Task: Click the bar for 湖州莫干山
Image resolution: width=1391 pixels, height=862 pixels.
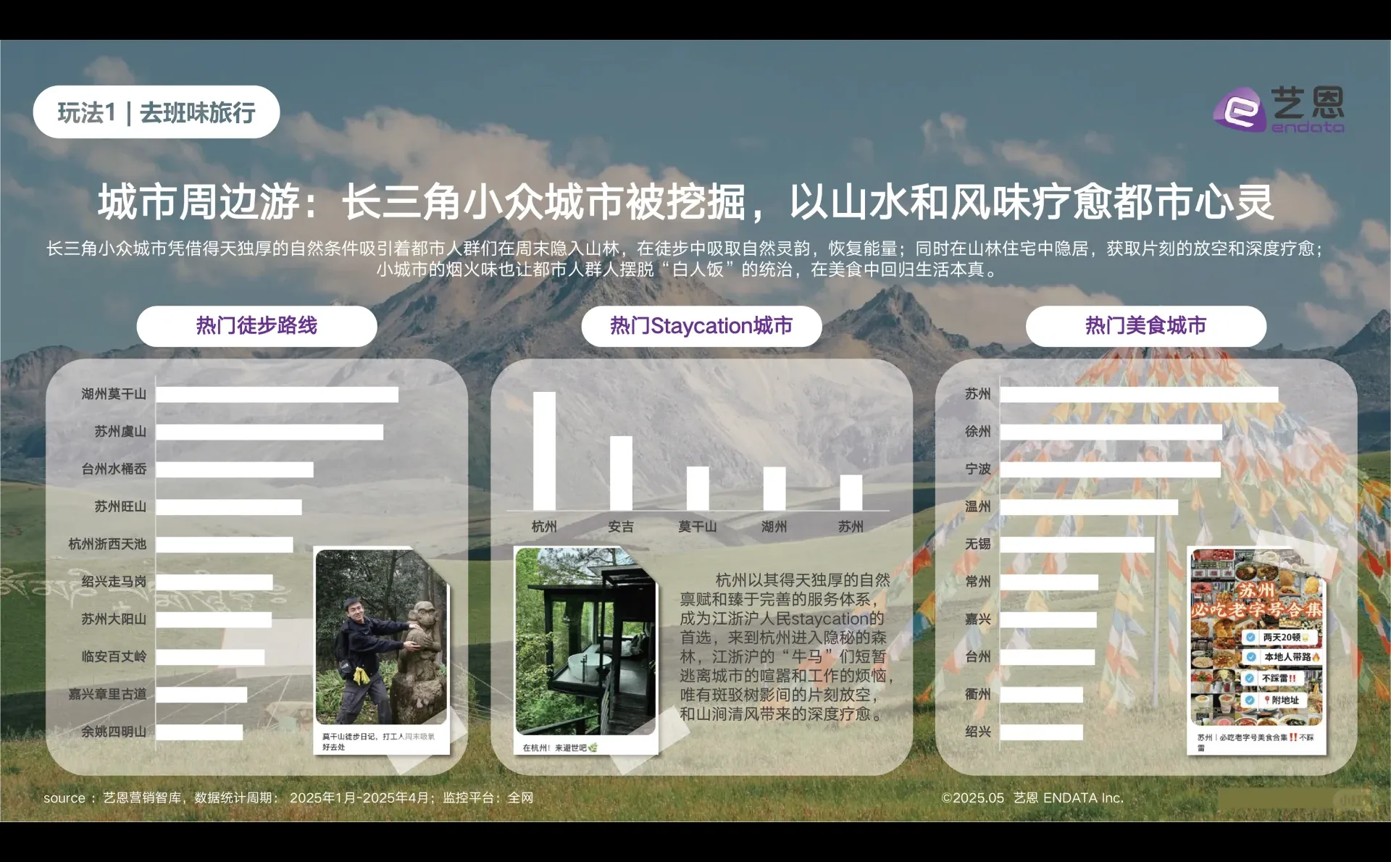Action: click(277, 394)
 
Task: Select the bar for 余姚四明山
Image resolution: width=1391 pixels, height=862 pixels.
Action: click(199, 732)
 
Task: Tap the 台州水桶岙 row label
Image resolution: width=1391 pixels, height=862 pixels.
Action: click(114, 469)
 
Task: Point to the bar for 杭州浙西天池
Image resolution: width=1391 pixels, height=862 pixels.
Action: click(225, 545)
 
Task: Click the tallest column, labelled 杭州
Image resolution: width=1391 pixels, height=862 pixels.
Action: click(544, 451)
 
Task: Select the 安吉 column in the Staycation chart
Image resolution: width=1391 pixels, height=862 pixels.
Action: click(621, 473)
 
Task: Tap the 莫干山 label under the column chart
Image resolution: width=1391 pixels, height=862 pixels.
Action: click(697, 527)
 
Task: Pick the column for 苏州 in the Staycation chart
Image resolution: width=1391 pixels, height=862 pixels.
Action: click(851, 493)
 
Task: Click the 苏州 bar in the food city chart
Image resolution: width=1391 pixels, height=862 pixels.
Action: click(1139, 394)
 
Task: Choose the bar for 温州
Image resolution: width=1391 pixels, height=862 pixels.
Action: click(1089, 507)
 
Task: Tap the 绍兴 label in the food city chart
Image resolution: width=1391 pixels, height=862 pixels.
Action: click(977, 732)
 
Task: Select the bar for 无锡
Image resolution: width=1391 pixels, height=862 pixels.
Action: click(1077, 545)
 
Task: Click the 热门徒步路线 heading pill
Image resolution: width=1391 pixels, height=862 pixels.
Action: click(256, 326)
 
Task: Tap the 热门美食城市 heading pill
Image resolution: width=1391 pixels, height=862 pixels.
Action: click(1145, 326)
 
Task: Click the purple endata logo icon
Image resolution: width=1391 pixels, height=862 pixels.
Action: click(1240, 110)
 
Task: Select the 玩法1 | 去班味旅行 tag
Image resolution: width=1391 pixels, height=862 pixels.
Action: click(156, 112)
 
